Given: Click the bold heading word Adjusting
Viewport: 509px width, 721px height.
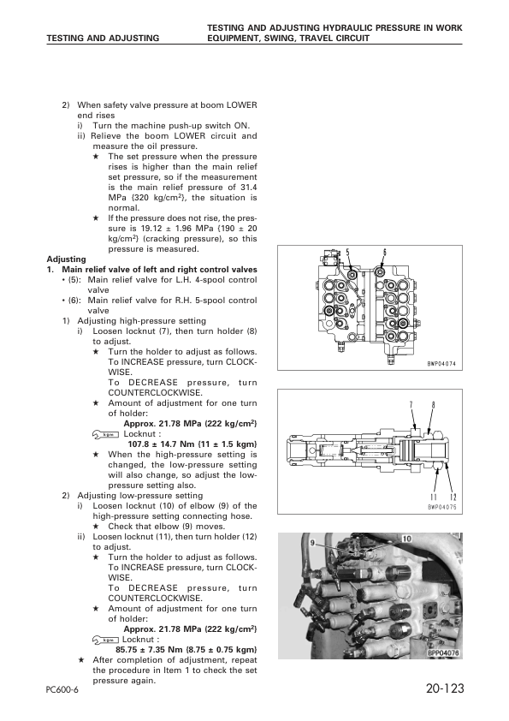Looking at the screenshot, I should click(x=66, y=259).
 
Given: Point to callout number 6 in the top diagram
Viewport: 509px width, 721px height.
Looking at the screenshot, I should click(x=385, y=252).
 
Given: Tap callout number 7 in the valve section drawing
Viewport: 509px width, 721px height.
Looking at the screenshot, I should click(x=411, y=403).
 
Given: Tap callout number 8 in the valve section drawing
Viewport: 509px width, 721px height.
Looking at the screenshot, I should click(x=434, y=403).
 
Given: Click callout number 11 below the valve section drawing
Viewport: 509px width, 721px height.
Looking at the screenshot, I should click(x=435, y=498).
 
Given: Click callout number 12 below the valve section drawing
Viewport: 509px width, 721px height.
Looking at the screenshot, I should click(x=453, y=498).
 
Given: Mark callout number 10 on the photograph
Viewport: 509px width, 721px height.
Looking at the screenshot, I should click(x=406, y=538).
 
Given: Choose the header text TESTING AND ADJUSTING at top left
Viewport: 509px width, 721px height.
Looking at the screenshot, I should click(x=103, y=39).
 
